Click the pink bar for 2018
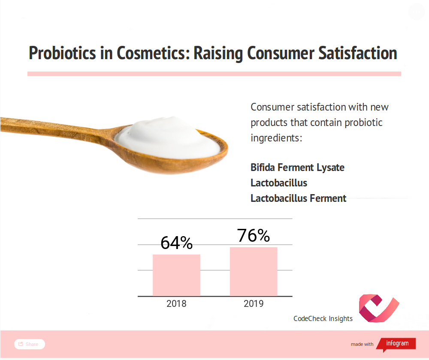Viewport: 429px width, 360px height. click(176, 275)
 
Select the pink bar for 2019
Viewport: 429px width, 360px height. click(254, 272)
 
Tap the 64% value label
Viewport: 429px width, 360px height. click(176, 243)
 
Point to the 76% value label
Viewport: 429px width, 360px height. click(254, 235)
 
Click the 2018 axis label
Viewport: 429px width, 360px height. click(176, 303)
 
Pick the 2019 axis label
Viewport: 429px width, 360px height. click(254, 303)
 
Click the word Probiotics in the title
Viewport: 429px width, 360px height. click(63, 53)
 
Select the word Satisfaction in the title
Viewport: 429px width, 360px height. click(358, 53)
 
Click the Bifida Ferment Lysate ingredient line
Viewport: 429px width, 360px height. click(297, 167)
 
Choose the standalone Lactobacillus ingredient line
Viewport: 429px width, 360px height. click(279, 183)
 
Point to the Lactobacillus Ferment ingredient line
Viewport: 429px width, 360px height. click(299, 198)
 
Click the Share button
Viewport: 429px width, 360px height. click(30, 344)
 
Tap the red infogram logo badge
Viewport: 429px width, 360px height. click(396, 344)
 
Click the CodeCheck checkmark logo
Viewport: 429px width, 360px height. click(379, 308)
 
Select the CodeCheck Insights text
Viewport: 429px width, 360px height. click(323, 318)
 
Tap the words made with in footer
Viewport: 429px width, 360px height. click(362, 344)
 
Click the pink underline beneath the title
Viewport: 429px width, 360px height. click(214, 74)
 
